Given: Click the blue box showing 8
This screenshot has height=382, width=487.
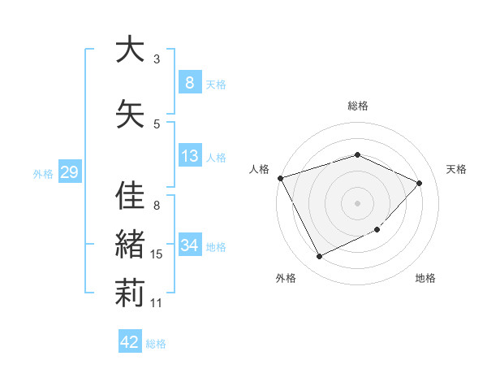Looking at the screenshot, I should pos(189,82).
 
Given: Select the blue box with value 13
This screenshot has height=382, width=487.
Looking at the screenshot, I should pos(189,156).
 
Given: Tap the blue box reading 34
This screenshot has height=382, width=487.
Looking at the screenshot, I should pos(189,245).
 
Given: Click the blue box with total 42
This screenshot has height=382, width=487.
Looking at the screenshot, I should pos(130,342).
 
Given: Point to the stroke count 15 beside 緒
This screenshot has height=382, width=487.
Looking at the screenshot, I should pos(157,254).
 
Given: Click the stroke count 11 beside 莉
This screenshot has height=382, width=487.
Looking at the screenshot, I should pos(157,302).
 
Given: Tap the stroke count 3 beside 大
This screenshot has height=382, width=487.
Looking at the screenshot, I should pos(157,59).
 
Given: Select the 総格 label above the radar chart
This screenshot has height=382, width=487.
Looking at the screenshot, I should pos(358,106).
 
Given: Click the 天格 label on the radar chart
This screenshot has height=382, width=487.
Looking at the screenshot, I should pos(457,169).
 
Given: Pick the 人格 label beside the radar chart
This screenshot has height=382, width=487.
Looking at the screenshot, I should pos(259,169).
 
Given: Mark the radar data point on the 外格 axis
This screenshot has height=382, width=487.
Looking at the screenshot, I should pos(319,257).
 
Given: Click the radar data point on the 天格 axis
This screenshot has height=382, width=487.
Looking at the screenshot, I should pos(420,183).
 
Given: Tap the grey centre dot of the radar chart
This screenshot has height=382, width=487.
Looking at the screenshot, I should pos(358,202).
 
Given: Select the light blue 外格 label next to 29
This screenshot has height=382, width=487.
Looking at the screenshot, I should pos(43,173).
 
